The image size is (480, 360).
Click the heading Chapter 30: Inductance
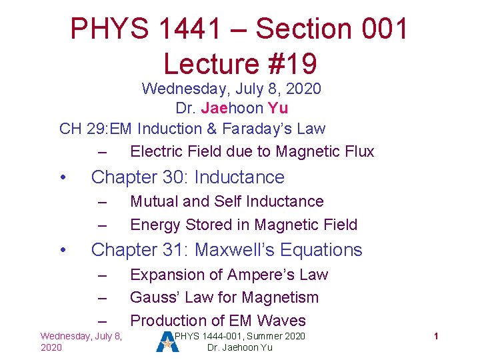(187, 177)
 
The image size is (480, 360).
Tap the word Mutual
(154, 201)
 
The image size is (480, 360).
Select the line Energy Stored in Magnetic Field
(243, 225)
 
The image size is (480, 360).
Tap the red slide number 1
(435, 337)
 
